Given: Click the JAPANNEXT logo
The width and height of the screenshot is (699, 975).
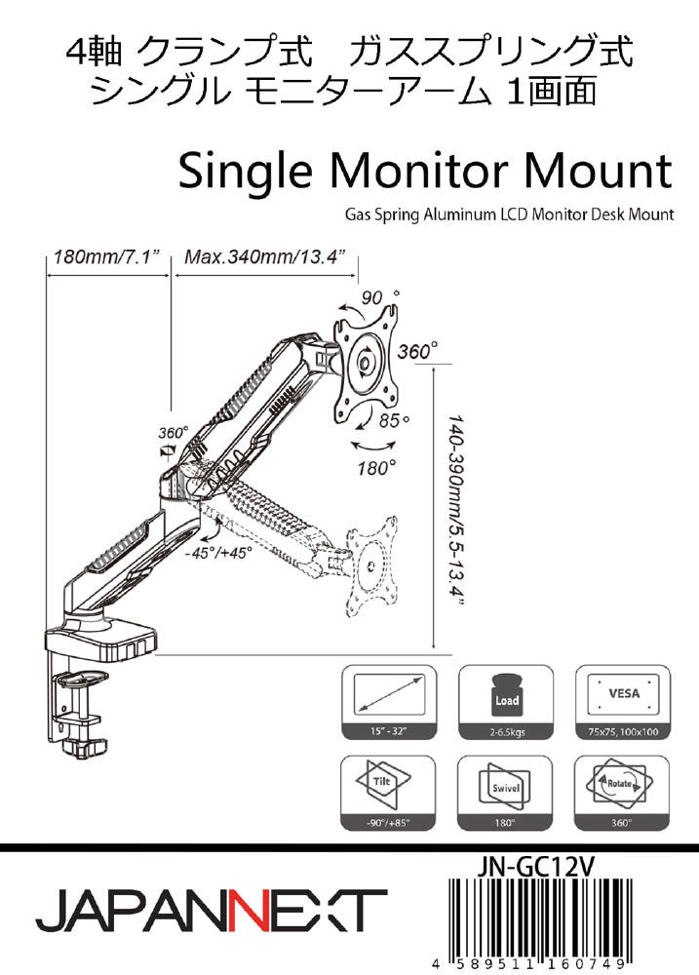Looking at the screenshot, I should pos(211,911).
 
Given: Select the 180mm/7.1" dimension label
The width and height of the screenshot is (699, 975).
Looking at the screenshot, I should pos(107,259).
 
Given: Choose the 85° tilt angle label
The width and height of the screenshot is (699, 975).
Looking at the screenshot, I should pos(394,422).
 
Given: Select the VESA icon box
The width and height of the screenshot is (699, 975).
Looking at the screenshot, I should pos(624,693).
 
